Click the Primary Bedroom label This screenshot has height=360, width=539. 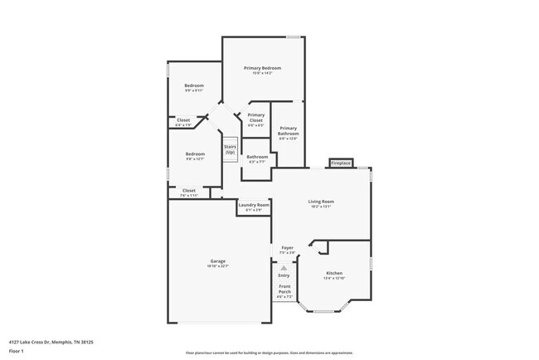(262, 67)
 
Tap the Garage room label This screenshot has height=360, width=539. (218, 262)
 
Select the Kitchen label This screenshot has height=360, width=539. (334, 274)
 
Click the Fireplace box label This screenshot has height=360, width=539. (341, 163)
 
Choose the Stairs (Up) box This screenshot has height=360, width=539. (230, 149)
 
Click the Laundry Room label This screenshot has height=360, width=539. (254, 205)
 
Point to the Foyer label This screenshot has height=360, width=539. (287, 247)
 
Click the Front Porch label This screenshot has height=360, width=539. (284, 289)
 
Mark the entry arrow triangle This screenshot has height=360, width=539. (284, 268)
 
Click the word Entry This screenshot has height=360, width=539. (284, 275)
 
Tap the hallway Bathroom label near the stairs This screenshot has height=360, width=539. (257, 157)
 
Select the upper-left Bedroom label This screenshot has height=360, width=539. (194, 85)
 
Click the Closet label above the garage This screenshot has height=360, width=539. (189, 191)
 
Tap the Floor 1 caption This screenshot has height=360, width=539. (17, 351)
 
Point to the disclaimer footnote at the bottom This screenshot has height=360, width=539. (269, 352)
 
